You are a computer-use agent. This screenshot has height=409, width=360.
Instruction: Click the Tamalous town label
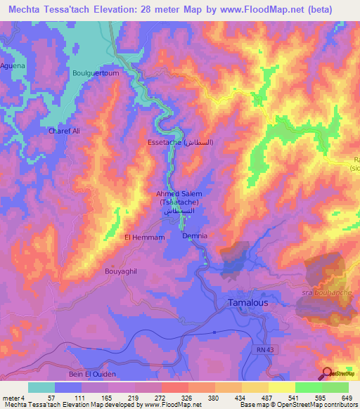[x=249, y=302]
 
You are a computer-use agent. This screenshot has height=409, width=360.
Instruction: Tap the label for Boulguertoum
[x=96, y=72]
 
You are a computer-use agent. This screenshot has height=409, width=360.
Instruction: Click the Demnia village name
[x=195, y=236]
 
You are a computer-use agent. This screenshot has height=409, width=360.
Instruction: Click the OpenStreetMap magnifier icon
[x=327, y=372]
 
